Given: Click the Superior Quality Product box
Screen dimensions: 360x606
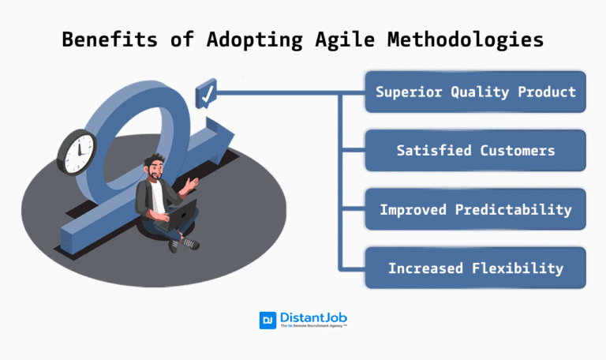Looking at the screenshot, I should point(475,92).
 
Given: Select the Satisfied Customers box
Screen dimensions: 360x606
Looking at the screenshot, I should point(475,150).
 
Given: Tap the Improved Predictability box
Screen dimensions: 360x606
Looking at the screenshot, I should point(475,209).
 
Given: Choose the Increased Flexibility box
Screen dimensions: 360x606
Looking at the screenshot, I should point(475,268).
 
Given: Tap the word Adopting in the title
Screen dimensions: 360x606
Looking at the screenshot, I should point(248,39).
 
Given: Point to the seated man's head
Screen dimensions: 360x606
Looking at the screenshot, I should point(155,169).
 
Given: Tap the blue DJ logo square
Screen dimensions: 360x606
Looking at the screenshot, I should point(267,320).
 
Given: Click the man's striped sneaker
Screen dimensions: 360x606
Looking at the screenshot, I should point(191,244).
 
